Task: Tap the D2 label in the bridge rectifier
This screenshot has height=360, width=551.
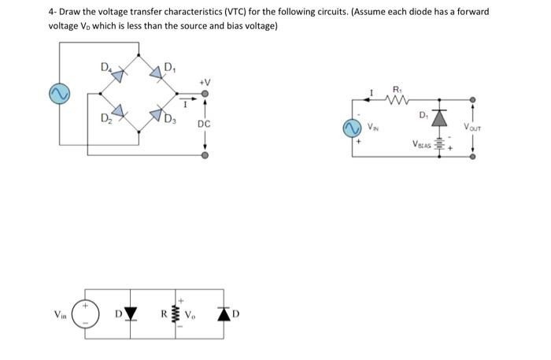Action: pyautogui.click(x=105, y=119)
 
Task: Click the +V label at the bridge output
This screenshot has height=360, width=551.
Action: pyautogui.click(x=205, y=82)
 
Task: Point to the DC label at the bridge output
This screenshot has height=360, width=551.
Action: pyautogui.click(x=204, y=124)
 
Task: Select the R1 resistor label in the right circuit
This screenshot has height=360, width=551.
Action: pyautogui.click(x=397, y=89)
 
